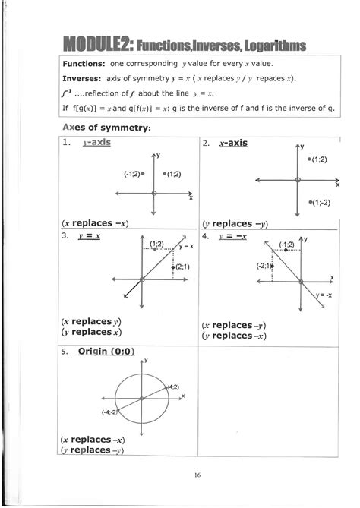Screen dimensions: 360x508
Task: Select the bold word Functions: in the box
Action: [x=85, y=64]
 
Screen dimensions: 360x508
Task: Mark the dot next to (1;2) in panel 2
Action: [x=309, y=160]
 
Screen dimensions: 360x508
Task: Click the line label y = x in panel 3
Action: [x=186, y=246]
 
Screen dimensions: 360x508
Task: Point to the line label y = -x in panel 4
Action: [x=323, y=294]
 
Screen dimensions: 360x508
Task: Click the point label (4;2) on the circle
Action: [x=172, y=387]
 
